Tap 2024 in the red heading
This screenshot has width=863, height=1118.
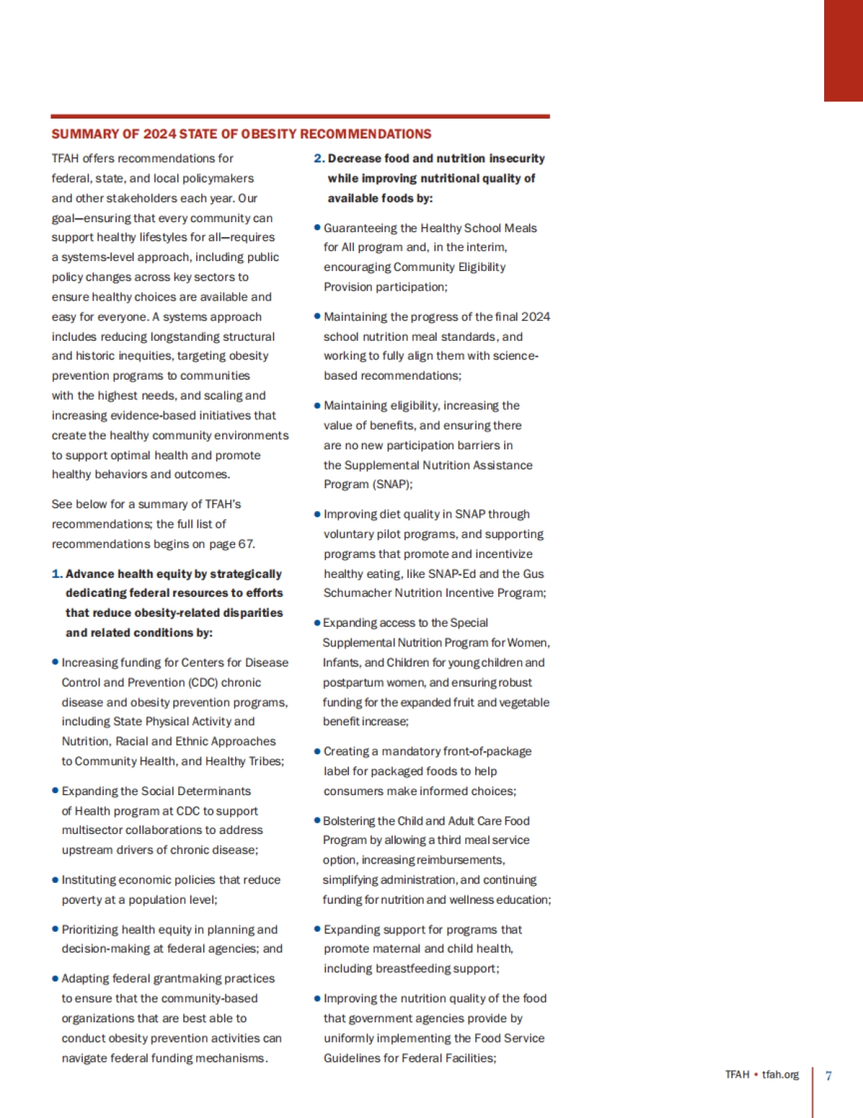click(x=160, y=134)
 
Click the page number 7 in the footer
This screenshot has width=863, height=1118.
click(x=828, y=1076)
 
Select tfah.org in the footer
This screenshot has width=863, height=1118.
click(x=780, y=1075)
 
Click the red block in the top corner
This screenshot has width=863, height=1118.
click(x=843, y=50)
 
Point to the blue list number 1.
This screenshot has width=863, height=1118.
click(x=56, y=574)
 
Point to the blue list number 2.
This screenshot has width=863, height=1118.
click(x=319, y=158)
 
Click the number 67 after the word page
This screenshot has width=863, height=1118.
click(x=246, y=544)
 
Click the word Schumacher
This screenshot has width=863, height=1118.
click(x=354, y=593)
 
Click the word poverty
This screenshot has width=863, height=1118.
click(x=83, y=900)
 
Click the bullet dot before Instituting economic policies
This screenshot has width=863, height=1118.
click(x=55, y=880)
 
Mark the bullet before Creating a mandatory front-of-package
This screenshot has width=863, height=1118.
click(x=317, y=751)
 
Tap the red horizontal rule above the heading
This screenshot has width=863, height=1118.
click(x=300, y=116)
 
